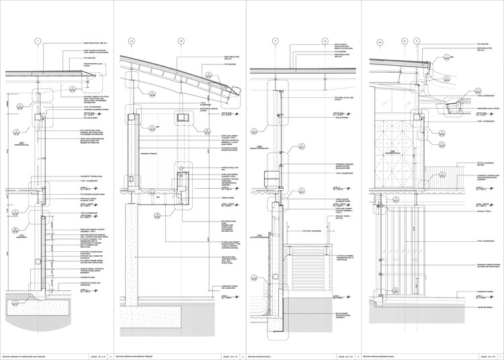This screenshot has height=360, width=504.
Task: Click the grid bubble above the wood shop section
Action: [x=39, y=42]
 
